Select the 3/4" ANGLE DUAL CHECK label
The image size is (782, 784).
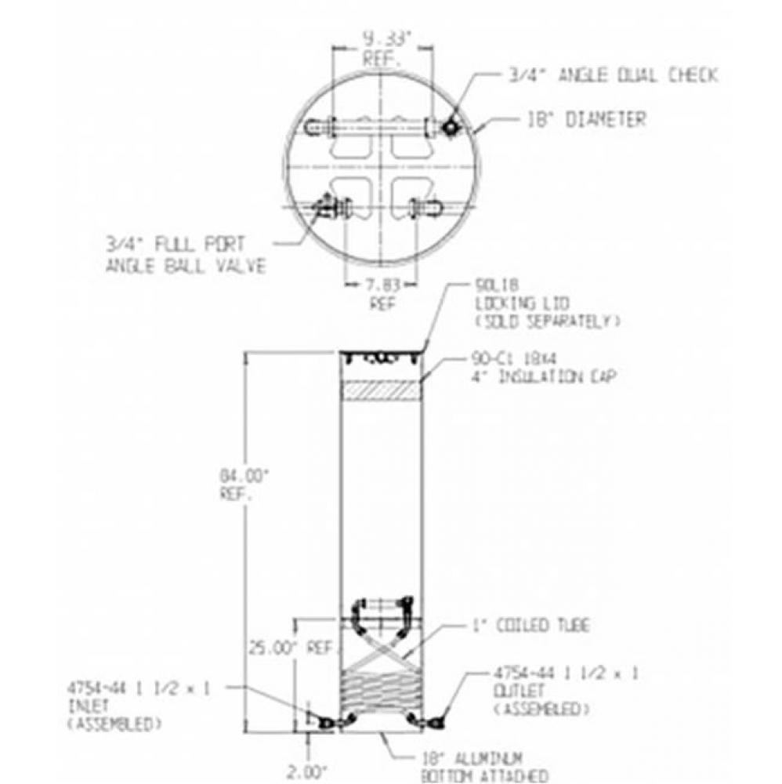coord(611,76)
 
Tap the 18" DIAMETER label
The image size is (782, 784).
coord(583,120)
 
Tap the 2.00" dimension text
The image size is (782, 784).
coord(306,772)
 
